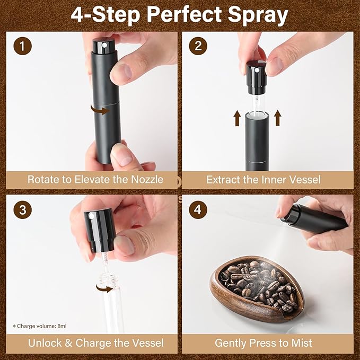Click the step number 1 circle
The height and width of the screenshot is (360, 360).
tap(22, 46)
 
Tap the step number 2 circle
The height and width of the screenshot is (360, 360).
tap(198, 46)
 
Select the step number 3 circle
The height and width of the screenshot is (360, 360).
tap(22, 209)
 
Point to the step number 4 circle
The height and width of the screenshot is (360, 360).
tap(198, 209)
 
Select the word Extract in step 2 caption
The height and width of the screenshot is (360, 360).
tap(225, 180)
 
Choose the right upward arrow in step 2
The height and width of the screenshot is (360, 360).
tap(278, 118)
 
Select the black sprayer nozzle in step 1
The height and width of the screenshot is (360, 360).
tap(101, 46)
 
